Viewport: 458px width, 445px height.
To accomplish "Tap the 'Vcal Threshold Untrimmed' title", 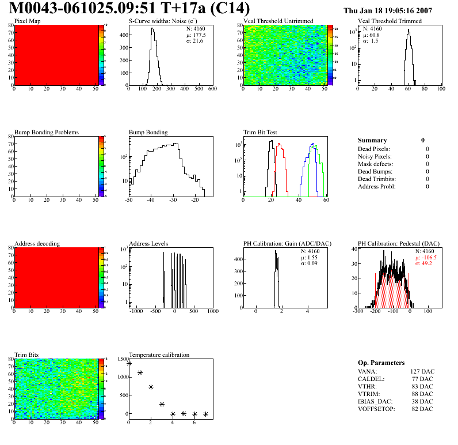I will [x=278, y=21].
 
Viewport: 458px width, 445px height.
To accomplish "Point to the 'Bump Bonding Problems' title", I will [x=47, y=132].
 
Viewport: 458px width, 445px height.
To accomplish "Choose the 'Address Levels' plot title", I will [x=148, y=243].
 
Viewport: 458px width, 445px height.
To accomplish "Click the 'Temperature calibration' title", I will [x=159, y=355].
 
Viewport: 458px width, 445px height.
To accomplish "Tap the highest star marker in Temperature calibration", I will [x=129, y=363].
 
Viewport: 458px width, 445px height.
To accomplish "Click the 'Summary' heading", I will [x=372, y=140].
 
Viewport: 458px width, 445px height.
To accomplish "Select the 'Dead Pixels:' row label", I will [x=374, y=149].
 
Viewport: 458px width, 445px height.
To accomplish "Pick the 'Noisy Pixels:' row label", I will [x=375, y=157].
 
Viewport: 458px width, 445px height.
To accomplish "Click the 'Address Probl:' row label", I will [x=376, y=187].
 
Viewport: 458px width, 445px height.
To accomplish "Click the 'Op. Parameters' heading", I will [x=381, y=363].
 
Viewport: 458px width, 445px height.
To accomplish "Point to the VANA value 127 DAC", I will [x=422, y=372].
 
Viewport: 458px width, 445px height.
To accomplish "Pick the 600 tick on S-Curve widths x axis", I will [x=212, y=89].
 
